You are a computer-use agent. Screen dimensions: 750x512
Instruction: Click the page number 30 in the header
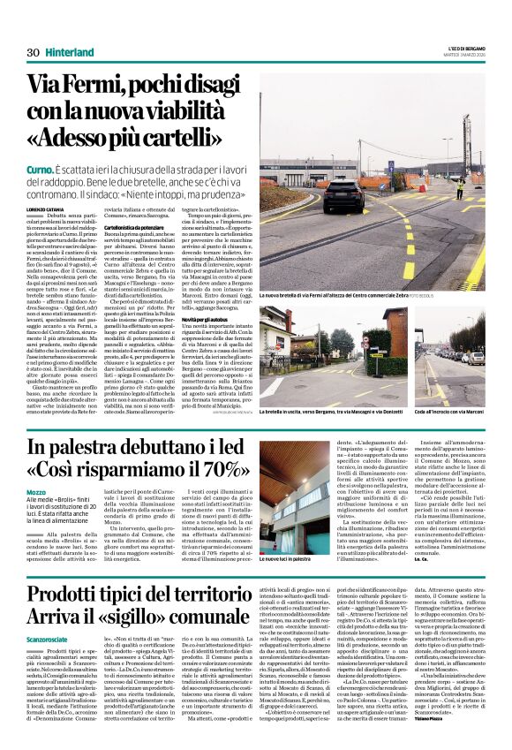(x=34, y=52)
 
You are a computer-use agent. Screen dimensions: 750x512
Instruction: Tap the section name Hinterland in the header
(x=71, y=52)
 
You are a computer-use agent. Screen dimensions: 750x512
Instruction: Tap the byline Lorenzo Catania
(x=45, y=208)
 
